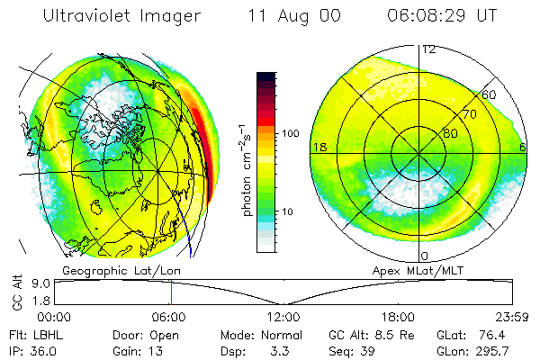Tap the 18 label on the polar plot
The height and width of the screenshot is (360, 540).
point(318,147)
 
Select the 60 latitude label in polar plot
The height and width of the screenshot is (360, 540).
point(489,94)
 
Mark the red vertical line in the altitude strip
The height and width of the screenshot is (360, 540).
point(171,292)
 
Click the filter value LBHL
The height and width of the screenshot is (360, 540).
point(45,335)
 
